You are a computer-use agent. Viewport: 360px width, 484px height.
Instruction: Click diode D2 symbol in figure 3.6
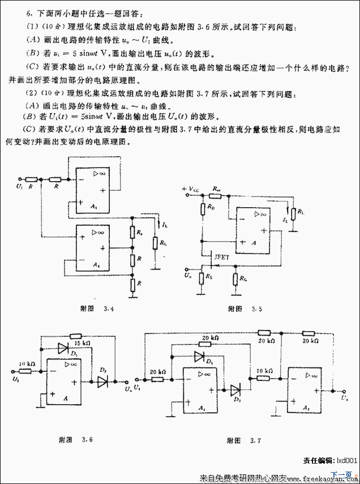(102, 382)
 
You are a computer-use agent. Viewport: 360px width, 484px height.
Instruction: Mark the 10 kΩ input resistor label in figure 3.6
(28, 363)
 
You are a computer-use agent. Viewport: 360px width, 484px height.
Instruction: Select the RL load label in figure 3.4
(164, 243)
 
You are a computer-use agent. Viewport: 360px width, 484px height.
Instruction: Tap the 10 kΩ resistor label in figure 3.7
(264, 371)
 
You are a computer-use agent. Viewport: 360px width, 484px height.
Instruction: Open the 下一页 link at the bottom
(342, 474)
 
